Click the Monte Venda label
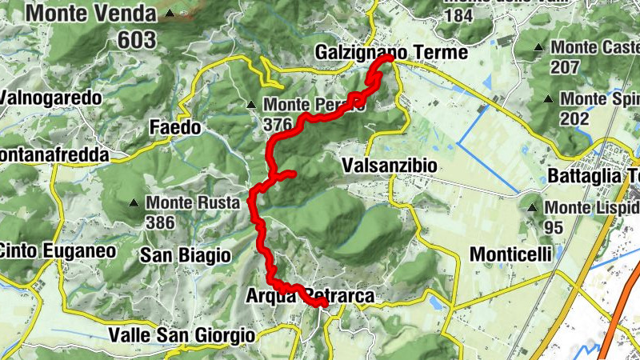click(x=90, y=14)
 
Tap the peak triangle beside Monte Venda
click(x=170, y=14)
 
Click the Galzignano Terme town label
click(x=391, y=52)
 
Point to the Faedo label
click(x=175, y=126)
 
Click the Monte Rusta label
click(x=193, y=203)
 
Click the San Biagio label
click(x=185, y=255)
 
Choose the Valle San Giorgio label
click(x=182, y=335)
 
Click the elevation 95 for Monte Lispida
click(x=554, y=227)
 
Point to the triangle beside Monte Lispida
click(x=532, y=208)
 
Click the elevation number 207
click(x=565, y=67)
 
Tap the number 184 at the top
click(x=458, y=17)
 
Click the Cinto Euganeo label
click(x=58, y=250)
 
